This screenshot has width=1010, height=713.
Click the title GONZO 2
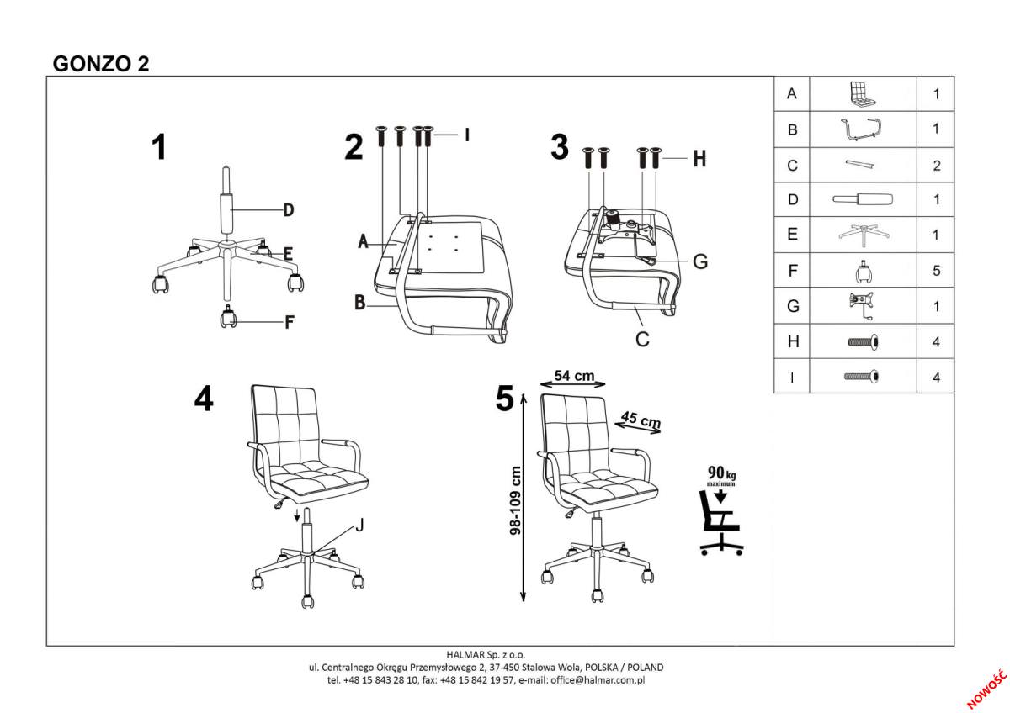click(x=101, y=64)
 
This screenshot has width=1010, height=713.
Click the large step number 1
click(x=158, y=148)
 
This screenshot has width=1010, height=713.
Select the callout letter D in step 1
click(x=288, y=210)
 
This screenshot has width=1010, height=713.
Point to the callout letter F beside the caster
click(x=288, y=320)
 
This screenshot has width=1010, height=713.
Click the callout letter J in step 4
click(x=359, y=526)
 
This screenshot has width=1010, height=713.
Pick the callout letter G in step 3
click(x=699, y=261)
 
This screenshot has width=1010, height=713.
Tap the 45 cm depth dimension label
click(x=641, y=420)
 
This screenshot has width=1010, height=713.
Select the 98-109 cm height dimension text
click(x=515, y=500)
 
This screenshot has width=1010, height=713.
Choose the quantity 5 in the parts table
click(x=936, y=272)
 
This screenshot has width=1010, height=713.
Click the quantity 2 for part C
click(x=936, y=166)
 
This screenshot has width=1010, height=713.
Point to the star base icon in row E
click(x=863, y=235)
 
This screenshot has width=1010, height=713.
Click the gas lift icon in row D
click(x=863, y=200)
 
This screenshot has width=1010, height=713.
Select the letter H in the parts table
click(x=791, y=342)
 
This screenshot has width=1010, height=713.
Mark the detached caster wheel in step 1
click(x=227, y=319)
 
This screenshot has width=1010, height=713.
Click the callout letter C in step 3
click(x=641, y=339)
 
